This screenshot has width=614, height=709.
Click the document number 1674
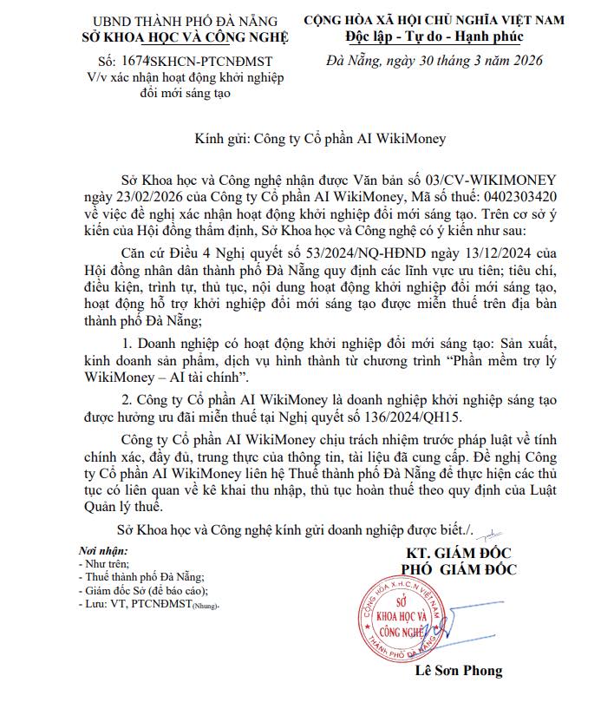click(137, 62)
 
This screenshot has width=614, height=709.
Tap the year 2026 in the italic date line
click(520, 61)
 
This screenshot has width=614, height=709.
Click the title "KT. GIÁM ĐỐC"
click(459, 553)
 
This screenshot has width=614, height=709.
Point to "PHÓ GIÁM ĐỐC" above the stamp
click(458, 569)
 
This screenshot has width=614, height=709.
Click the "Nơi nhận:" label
click(102, 550)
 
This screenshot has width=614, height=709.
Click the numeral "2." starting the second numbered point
click(128, 398)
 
